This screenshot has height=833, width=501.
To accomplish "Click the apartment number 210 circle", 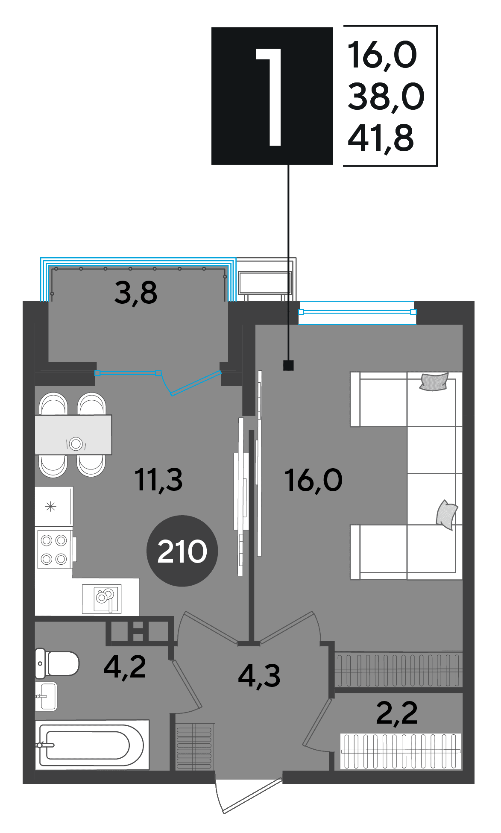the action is tap(182, 551).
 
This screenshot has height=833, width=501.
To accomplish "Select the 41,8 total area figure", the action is tap(381, 138).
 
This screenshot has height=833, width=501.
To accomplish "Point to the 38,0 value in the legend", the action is tap(386, 97).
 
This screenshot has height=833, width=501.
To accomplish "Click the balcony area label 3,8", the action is tap(136, 293).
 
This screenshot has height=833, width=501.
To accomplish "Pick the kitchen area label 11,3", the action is tap(158, 480).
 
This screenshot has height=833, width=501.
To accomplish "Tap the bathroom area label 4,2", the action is tap(125, 667).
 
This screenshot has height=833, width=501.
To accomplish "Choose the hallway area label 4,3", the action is tap(259, 677).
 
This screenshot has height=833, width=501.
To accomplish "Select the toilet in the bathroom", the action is tap(57, 663).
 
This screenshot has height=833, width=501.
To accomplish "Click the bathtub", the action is tap(92, 745).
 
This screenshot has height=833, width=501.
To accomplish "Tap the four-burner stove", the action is tap(54, 549).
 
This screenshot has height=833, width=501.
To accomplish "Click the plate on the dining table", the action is tap(76, 443).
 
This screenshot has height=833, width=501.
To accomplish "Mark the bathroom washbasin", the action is tap(46, 696).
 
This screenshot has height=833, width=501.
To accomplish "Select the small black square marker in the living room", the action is tap(288, 365).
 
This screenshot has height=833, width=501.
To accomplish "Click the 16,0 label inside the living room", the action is tap(313, 481).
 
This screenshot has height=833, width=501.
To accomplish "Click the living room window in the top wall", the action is tap(357, 312).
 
